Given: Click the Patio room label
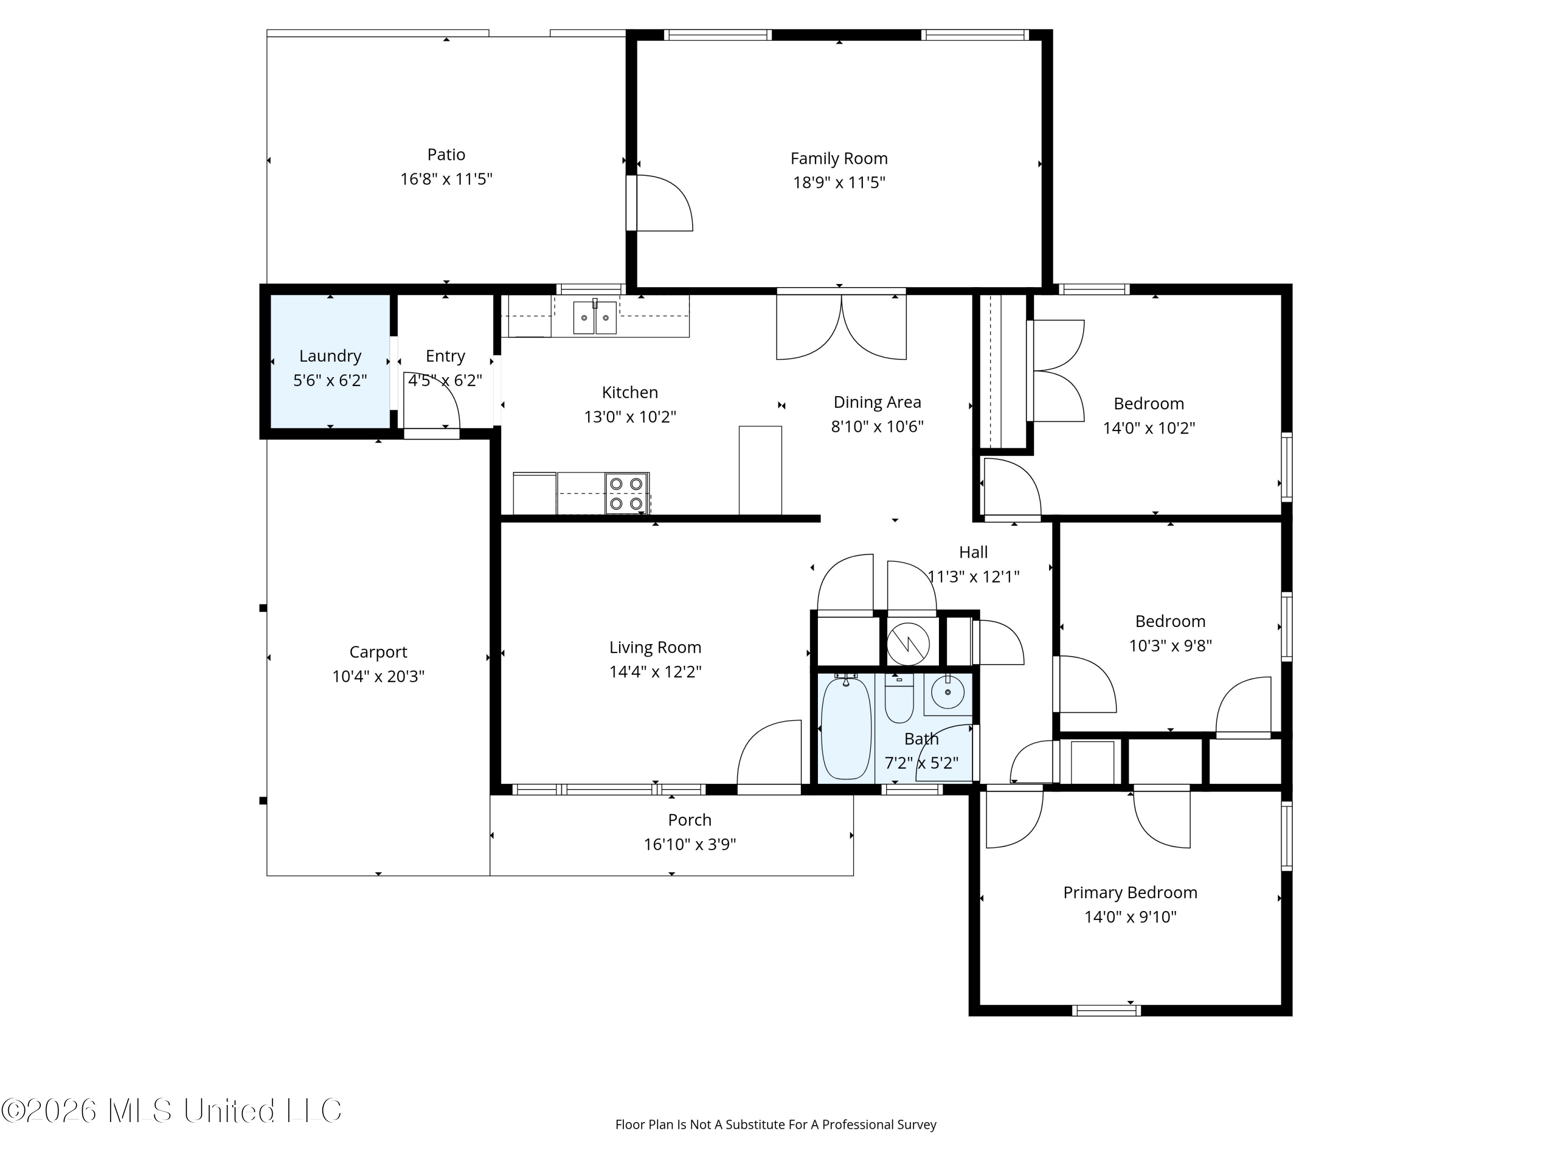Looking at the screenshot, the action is [446, 154].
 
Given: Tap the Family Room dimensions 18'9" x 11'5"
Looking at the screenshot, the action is [839, 183].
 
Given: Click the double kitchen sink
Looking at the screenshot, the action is [595, 317].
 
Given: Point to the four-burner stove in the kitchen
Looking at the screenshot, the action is [626, 493].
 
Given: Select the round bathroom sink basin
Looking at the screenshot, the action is [948, 693].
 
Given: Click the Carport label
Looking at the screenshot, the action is [378, 652].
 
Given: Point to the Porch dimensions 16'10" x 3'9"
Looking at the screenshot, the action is [690, 844].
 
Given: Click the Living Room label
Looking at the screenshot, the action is [655, 648].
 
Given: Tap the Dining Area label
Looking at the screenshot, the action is [877, 402].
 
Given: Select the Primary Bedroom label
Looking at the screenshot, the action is [1130, 892].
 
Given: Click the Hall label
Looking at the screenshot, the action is [973, 552].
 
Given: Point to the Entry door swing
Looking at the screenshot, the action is [431, 399].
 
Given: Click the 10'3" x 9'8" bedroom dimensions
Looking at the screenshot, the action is [1170, 646].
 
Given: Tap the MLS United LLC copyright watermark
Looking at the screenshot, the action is [171, 1111].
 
